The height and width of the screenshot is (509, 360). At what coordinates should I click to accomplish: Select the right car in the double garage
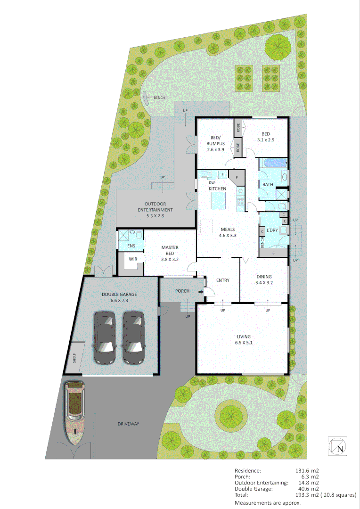coord(133,337)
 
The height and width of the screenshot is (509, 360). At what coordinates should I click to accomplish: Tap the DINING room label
coord(264,280)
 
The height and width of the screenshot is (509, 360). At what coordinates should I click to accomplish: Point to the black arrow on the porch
coord(201,292)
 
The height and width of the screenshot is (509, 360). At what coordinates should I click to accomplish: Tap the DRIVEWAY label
coord(129,424)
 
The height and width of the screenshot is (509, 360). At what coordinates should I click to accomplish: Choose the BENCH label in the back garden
coord(159,98)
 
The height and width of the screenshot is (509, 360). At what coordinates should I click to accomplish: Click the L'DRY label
coord(272,230)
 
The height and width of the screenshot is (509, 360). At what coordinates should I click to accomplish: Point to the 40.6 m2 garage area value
coord(310,489)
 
